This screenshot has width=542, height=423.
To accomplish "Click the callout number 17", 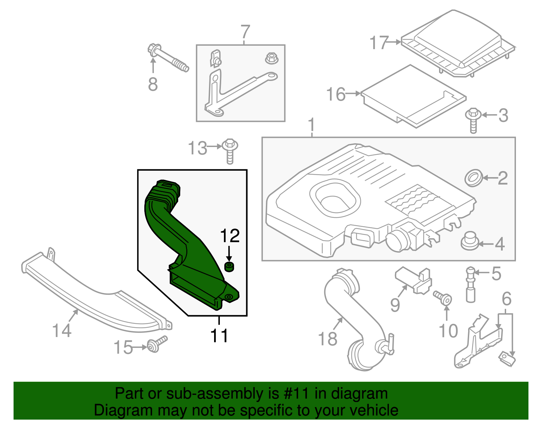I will coord(378,43).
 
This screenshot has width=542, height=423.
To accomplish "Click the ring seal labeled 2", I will coord(474,178).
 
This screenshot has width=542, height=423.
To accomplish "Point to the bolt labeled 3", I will coord(474,119).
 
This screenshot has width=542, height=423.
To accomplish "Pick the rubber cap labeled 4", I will coord(470,241).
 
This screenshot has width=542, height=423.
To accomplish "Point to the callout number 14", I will coord(62,330).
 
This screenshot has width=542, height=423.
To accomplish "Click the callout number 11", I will coord(219,335).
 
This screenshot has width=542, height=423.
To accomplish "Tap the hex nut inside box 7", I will coord(271,58).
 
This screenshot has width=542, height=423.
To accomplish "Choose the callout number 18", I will coord(328,338).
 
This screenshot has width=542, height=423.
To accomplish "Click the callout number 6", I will coord(506,299).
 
